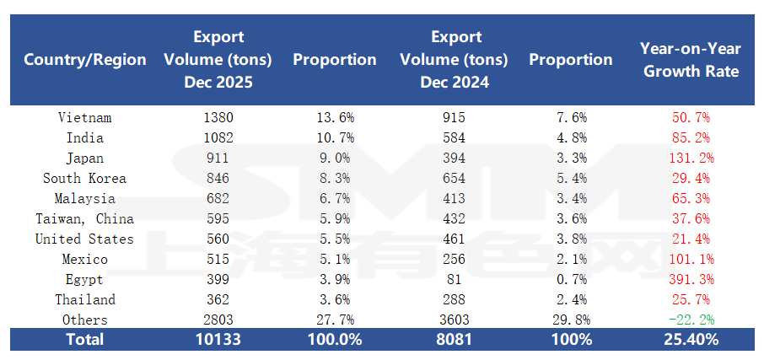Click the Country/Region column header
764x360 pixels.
85,60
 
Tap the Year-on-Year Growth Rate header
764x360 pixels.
691,60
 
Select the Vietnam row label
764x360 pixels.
85,118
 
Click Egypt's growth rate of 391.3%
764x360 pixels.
691,280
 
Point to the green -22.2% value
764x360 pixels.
691,320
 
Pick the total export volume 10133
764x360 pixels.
218,340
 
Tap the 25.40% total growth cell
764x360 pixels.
691,340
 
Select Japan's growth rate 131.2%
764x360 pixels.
691,159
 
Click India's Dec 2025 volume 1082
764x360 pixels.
218,138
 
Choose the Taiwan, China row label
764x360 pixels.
85,219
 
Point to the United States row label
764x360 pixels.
85,239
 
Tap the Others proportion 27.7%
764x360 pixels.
335,320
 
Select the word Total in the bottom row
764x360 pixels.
85,340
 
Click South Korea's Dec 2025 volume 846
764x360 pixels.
218,179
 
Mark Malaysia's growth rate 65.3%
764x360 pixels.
691,199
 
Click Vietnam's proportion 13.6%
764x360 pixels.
335,118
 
